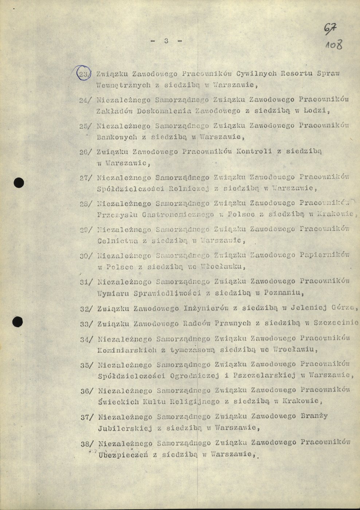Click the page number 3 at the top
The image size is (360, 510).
click(x=166, y=41)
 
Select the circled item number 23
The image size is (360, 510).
click(x=83, y=74)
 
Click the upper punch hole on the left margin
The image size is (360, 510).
click(x=19, y=183)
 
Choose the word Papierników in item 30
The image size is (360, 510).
click(x=324, y=255)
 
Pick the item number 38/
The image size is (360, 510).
click(x=87, y=444)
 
